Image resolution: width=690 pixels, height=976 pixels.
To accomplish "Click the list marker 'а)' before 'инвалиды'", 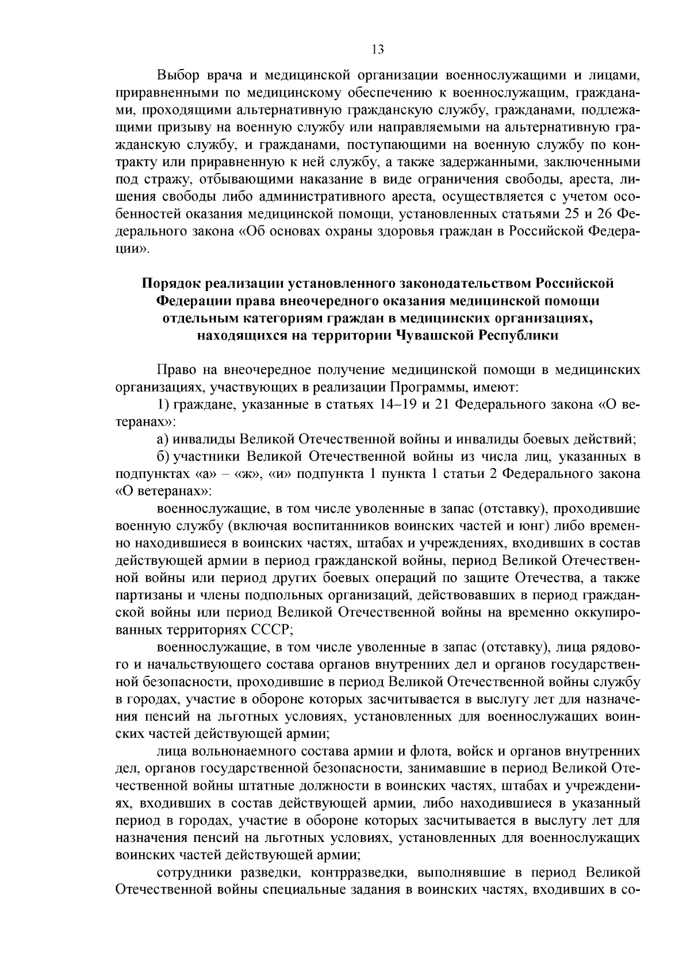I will tap(163, 439).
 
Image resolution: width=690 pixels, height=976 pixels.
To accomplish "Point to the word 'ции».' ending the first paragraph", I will tap(133, 249).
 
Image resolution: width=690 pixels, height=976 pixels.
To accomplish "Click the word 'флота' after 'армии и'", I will tap(426, 751).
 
